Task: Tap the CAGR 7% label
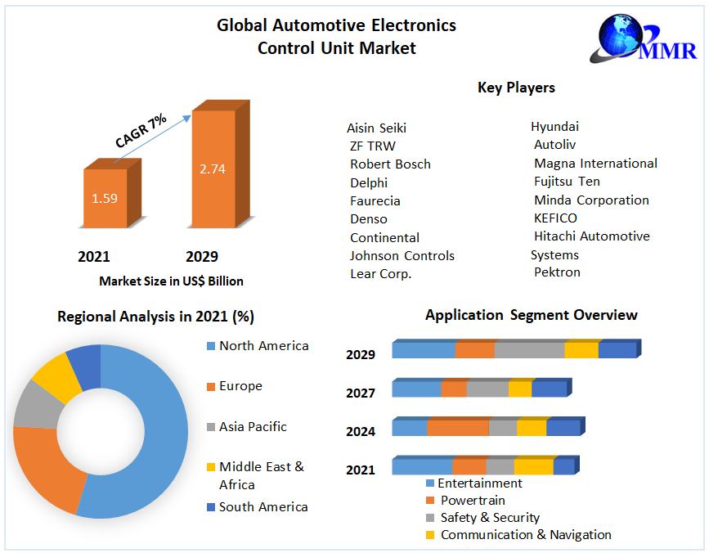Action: click(x=141, y=131)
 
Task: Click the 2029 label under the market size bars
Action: click(x=202, y=257)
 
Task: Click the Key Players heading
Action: click(x=516, y=88)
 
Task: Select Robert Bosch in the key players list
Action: click(x=390, y=164)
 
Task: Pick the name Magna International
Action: click(x=595, y=164)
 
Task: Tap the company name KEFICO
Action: click(x=555, y=218)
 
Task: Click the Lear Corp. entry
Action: click(x=381, y=274)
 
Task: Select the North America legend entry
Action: click(x=258, y=346)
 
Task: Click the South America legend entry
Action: click(x=258, y=507)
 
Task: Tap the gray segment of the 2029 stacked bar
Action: click(x=529, y=348)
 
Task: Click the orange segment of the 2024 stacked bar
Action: click(x=458, y=426)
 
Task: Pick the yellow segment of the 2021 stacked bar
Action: click(x=533, y=465)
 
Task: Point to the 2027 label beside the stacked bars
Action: click(x=361, y=393)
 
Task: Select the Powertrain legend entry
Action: click(x=466, y=501)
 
